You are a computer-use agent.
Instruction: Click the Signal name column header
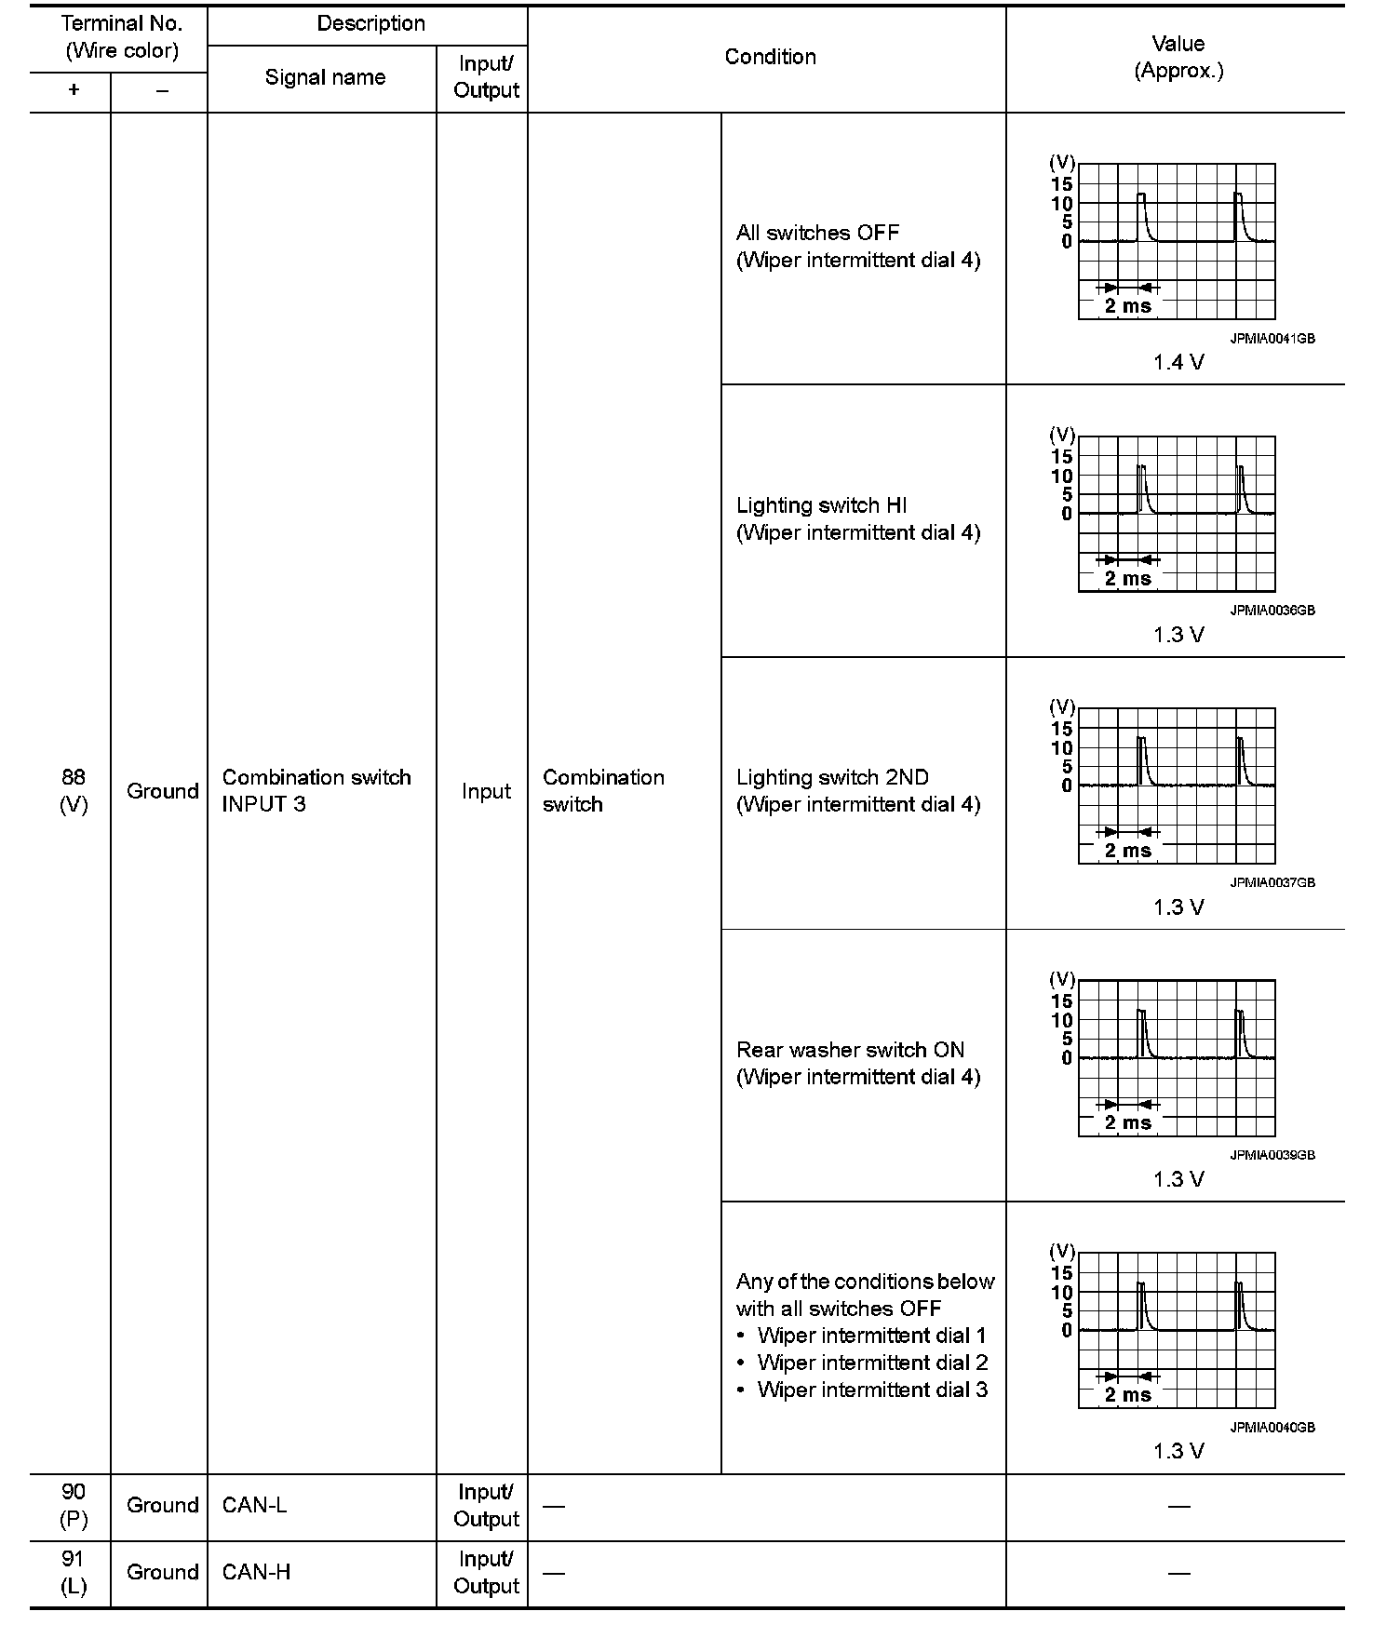(325, 77)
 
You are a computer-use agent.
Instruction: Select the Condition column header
(770, 57)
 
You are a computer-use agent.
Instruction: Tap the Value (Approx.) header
(1178, 57)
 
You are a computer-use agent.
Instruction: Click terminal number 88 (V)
(74, 791)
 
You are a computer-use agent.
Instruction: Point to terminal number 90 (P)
(74, 1506)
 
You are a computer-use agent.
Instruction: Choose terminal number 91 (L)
(74, 1572)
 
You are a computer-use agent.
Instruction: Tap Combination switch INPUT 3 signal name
(316, 791)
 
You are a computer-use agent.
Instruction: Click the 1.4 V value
(1178, 363)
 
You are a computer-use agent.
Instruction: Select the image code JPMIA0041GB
(1272, 339)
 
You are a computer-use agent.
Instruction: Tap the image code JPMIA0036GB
(1272, 611)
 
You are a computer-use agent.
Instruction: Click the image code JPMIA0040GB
(1272, 1428)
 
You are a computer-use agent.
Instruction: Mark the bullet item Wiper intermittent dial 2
(872, 1363)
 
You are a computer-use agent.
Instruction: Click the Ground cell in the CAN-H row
(162, 1572)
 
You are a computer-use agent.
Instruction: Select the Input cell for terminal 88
(486, 791)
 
